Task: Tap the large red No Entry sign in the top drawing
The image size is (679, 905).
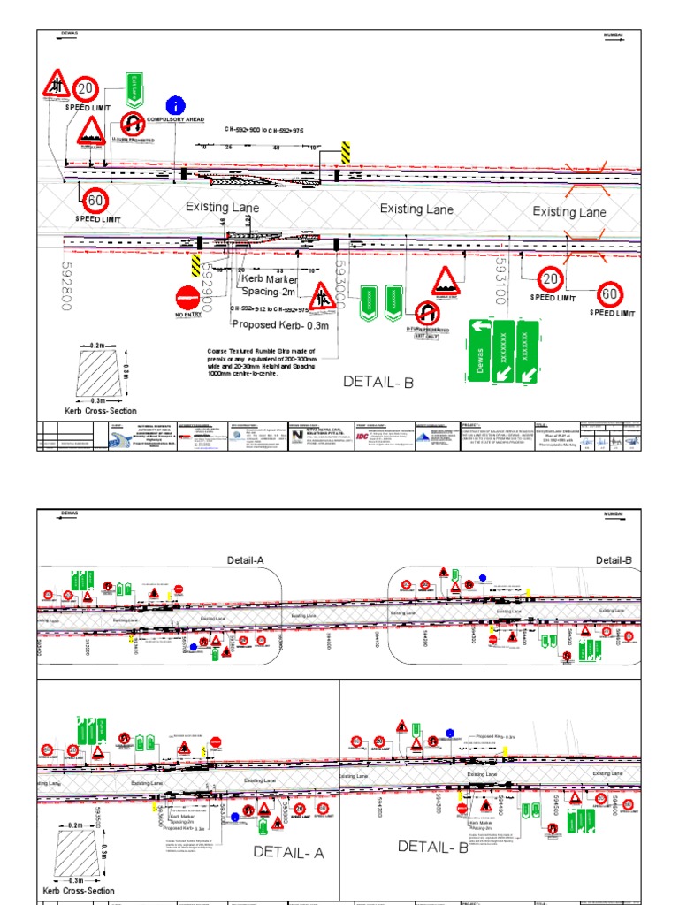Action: [x=188, y=296]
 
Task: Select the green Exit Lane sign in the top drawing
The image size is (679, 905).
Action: [x=134, y=86]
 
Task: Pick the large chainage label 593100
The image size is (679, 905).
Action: [x=501, y=280]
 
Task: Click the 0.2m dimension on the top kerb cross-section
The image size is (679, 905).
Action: [x=96, y=345]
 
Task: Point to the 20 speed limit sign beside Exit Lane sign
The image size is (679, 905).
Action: [x=85, y=88]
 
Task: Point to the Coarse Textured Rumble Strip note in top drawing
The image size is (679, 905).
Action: [x=262, y=361]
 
